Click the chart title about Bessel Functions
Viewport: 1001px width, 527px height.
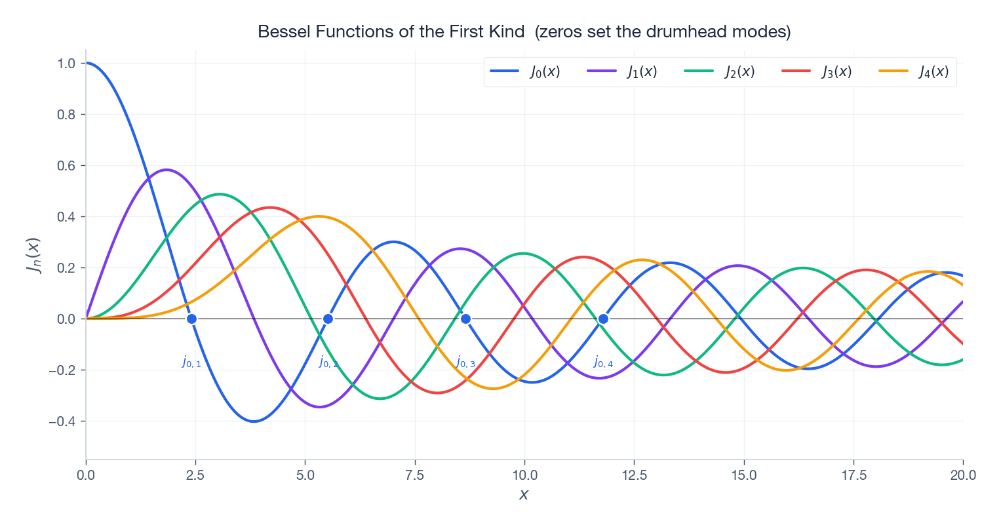point(524,31)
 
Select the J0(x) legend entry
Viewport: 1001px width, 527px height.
point(525,71)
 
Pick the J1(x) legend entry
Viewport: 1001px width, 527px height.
point(622,71)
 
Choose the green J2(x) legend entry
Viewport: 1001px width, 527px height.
point(720,71)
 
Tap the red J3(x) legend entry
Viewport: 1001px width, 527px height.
point(817,71)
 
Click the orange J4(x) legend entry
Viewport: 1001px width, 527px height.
point(914,71)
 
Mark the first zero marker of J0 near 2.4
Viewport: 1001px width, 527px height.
point(191,319)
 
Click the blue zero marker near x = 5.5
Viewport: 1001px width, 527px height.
point(328,319)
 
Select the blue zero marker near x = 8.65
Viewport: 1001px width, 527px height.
point(465,319)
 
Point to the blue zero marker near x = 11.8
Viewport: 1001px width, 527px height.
point(603,319)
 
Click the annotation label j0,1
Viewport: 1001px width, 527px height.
point(191,362)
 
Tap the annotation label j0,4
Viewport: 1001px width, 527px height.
point(603,362)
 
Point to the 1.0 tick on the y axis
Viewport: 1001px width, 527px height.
point(67,64)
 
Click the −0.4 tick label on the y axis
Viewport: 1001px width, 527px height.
point(63,421)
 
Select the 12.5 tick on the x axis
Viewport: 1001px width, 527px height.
point(634,475)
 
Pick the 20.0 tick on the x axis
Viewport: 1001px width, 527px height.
point(962,475)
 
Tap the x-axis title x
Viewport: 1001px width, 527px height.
point(524,495)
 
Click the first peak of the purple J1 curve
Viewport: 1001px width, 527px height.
point(167,170)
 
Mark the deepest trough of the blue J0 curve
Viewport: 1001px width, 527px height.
point(254,421)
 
